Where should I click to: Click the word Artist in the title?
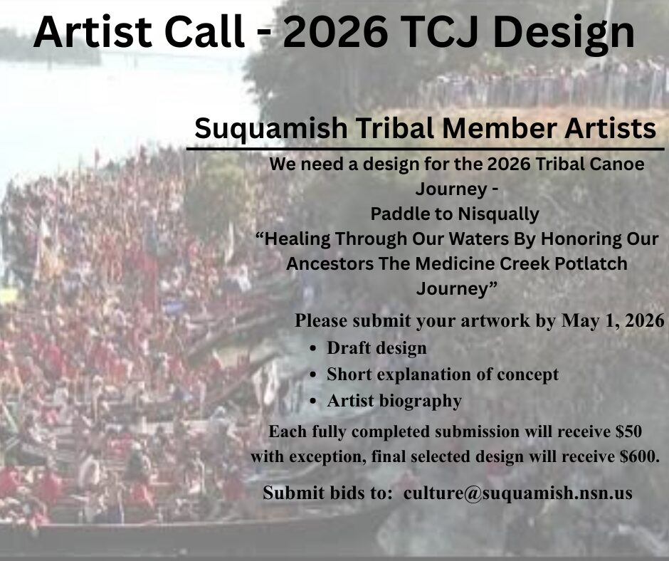(93, 33)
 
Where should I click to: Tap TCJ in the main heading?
(441, 33)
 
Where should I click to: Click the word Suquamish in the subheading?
(271, 129)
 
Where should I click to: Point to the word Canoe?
(618, 164)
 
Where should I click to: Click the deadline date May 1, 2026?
(613, 321)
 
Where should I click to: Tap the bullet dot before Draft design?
(314, 349)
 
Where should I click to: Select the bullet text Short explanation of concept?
(443, 375)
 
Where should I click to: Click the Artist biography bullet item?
(394, 402)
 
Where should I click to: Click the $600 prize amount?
(637, 456)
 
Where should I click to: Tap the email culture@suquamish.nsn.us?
(517, 493)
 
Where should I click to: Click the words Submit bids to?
(327, 493)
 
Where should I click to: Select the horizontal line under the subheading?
(426, 149)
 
